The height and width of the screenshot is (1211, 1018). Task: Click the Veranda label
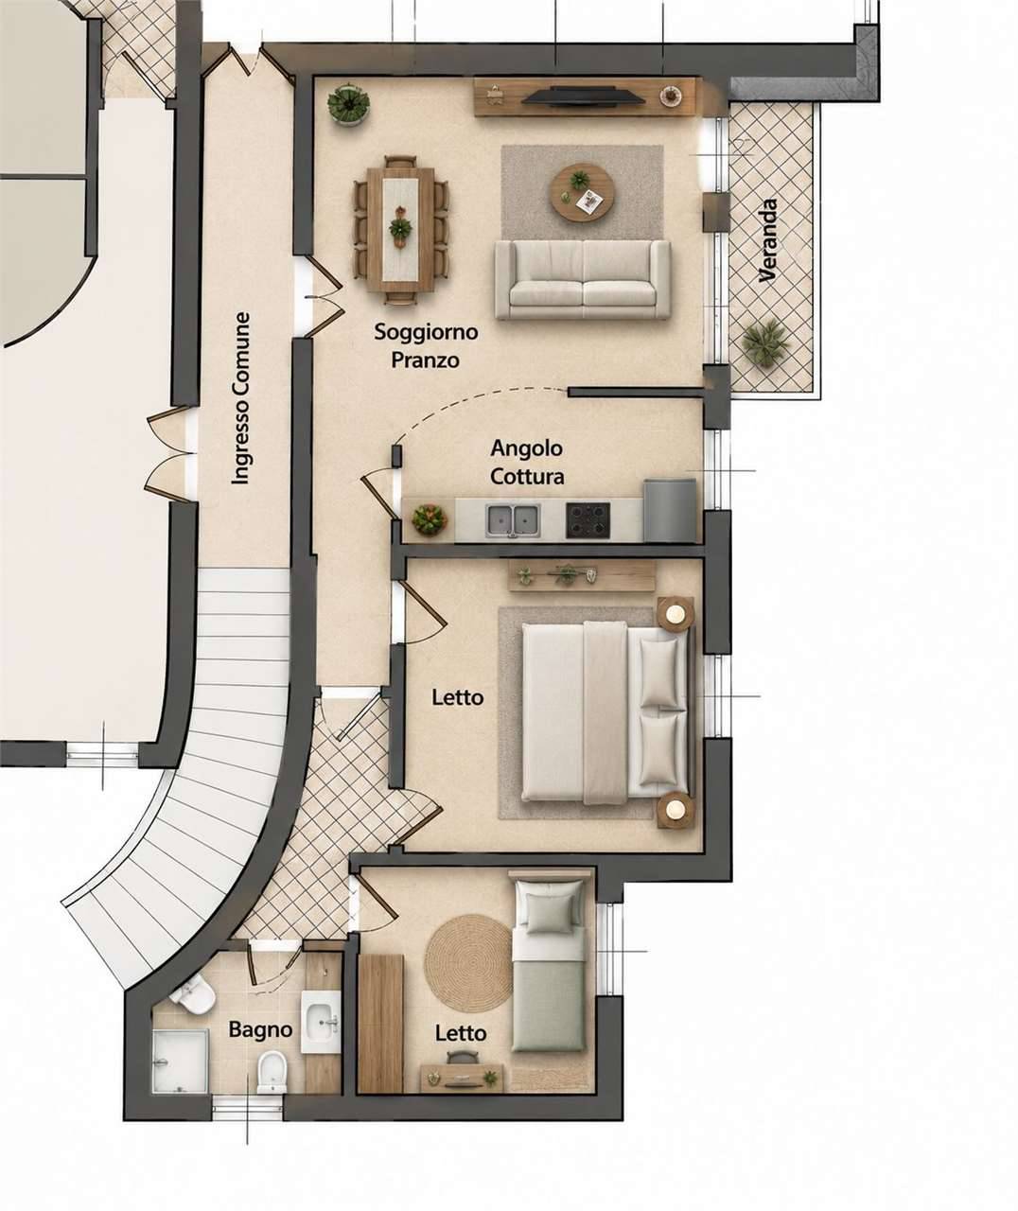pos(768,240)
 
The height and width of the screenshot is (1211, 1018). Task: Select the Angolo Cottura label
pos(527,463)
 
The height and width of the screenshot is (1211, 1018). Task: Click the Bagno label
pos(260,1029)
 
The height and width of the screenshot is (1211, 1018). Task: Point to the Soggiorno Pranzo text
pos(426,345)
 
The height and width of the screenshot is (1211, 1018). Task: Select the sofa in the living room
pos(583,279)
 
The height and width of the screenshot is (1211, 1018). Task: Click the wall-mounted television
pos(583,96)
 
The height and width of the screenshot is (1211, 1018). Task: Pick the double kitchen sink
pos(513,518)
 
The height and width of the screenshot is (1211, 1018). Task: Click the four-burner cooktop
pos(588,520)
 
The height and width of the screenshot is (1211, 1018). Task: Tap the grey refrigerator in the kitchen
pos(670,510)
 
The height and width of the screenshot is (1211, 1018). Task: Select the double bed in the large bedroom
pos(606,712)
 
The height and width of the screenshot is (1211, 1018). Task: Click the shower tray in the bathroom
pos(180,1061)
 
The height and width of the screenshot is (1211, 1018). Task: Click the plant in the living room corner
pos(348,104)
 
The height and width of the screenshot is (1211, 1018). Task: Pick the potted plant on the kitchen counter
pos(430,519)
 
